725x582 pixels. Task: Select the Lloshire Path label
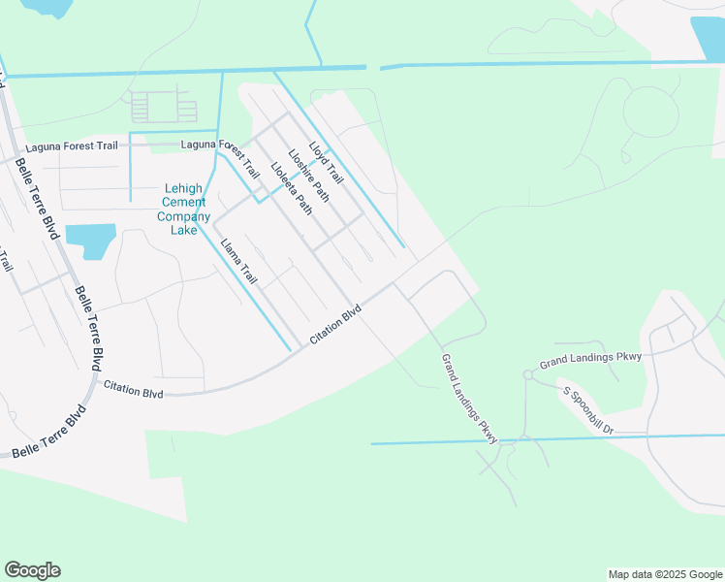click(308, 175)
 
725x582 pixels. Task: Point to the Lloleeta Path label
click(292, 186)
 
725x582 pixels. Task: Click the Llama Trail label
click(238, 262)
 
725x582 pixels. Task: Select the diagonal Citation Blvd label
click(335, 324)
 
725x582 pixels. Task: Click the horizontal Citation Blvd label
click(134, 390)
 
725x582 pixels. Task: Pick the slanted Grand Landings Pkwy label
click(469, 399)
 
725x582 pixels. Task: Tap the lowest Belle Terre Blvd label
click(48, 434)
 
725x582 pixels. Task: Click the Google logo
click(32, 569)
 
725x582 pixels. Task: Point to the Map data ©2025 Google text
click(664, 574)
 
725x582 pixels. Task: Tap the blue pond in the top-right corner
click(708, 39)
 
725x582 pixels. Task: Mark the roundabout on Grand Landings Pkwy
click(529, 373)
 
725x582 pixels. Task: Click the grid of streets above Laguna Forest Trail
click(162, 107)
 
